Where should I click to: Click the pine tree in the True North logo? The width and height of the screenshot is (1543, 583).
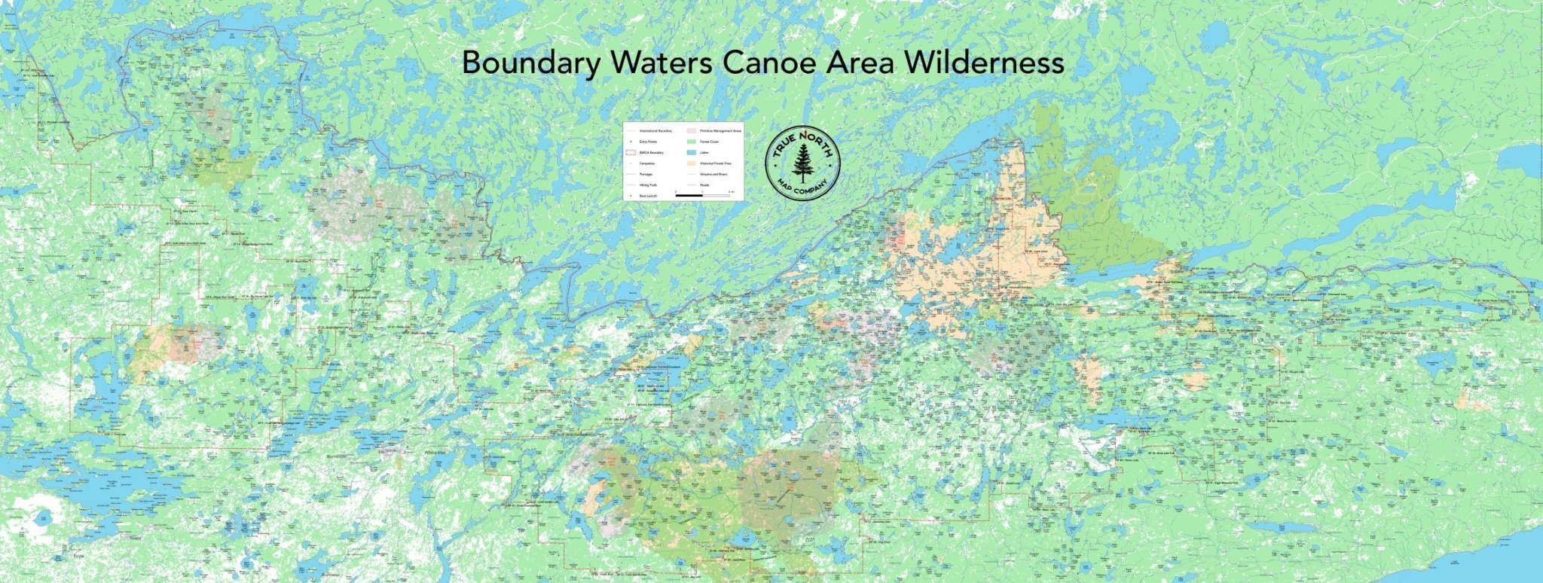(802, 162)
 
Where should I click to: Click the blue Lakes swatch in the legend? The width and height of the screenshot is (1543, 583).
(692, 152)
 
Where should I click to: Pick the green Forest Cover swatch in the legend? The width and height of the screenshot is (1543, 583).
(692, 142)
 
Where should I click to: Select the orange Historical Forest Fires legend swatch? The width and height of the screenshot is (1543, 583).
(692, 163)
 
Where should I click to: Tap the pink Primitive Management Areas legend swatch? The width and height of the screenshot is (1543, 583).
(692, 131)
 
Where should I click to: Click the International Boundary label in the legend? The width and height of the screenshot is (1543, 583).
(655, 131)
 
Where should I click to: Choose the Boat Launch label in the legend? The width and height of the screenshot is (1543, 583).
(648, 196)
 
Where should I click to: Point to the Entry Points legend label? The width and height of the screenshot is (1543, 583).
(648, 142)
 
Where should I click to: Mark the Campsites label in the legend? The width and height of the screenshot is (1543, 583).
(647, 163)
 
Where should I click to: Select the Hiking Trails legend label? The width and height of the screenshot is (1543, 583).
(648, 185)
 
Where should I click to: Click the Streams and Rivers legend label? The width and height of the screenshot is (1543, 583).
(713, 174)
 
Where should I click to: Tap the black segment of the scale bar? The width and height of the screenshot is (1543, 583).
(689, 195)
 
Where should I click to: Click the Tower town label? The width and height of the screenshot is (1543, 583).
(136, 538)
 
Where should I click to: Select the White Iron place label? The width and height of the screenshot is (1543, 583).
(435, 453)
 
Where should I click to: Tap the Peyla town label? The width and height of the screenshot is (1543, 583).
(78, 556)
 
